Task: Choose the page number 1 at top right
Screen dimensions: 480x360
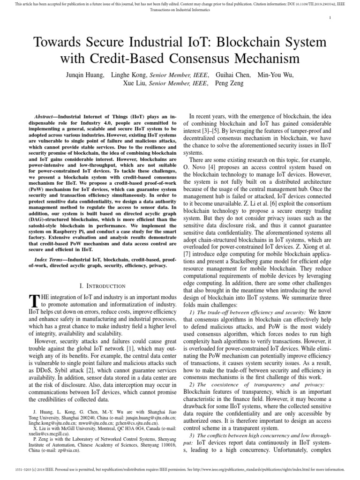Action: (331, 18)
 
